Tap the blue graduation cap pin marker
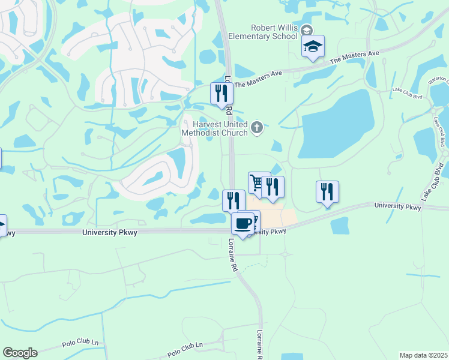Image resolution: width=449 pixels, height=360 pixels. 313,47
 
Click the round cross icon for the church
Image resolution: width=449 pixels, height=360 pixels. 257,127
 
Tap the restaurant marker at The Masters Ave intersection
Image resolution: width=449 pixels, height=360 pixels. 221,94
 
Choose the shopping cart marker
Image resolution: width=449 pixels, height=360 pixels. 258,183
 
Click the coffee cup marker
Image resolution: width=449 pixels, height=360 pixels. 243,224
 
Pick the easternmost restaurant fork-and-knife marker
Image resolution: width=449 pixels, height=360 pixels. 327,192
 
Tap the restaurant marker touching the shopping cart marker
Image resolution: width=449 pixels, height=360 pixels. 273,187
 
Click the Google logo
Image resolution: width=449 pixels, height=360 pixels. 20,353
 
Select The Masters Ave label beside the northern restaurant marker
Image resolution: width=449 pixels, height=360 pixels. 258,79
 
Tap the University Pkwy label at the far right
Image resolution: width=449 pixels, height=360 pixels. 398,206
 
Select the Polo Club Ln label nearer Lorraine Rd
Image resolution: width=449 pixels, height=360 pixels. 185,347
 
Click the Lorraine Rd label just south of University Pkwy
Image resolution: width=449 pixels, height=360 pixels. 234,254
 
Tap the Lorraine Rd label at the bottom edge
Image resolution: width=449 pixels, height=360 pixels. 260,344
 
